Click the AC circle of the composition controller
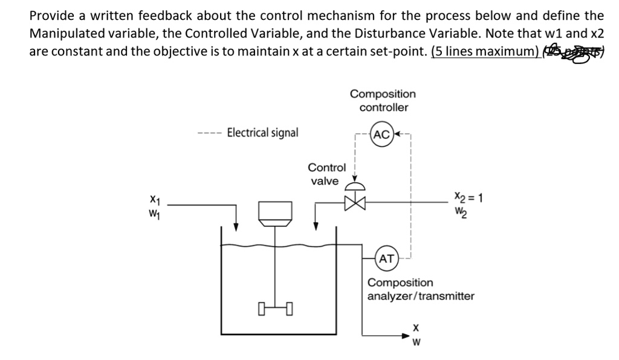382,134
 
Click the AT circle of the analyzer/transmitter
386,259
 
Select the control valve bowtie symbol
356,203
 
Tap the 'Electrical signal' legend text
262,132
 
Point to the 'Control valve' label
326,174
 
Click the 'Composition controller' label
383,100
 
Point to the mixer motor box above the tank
276,211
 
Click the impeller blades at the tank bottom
276,310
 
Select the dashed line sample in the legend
209,133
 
